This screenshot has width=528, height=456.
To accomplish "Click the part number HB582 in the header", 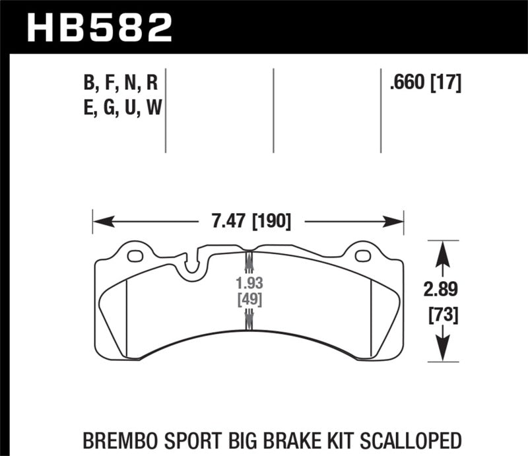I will click(99, 28).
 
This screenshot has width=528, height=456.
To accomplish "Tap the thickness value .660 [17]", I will click(425, 83).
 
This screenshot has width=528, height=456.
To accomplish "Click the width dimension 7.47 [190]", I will click(248, 220).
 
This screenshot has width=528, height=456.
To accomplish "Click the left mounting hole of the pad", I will click(135, 256).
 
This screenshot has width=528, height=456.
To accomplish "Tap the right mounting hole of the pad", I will click(362, 256).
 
